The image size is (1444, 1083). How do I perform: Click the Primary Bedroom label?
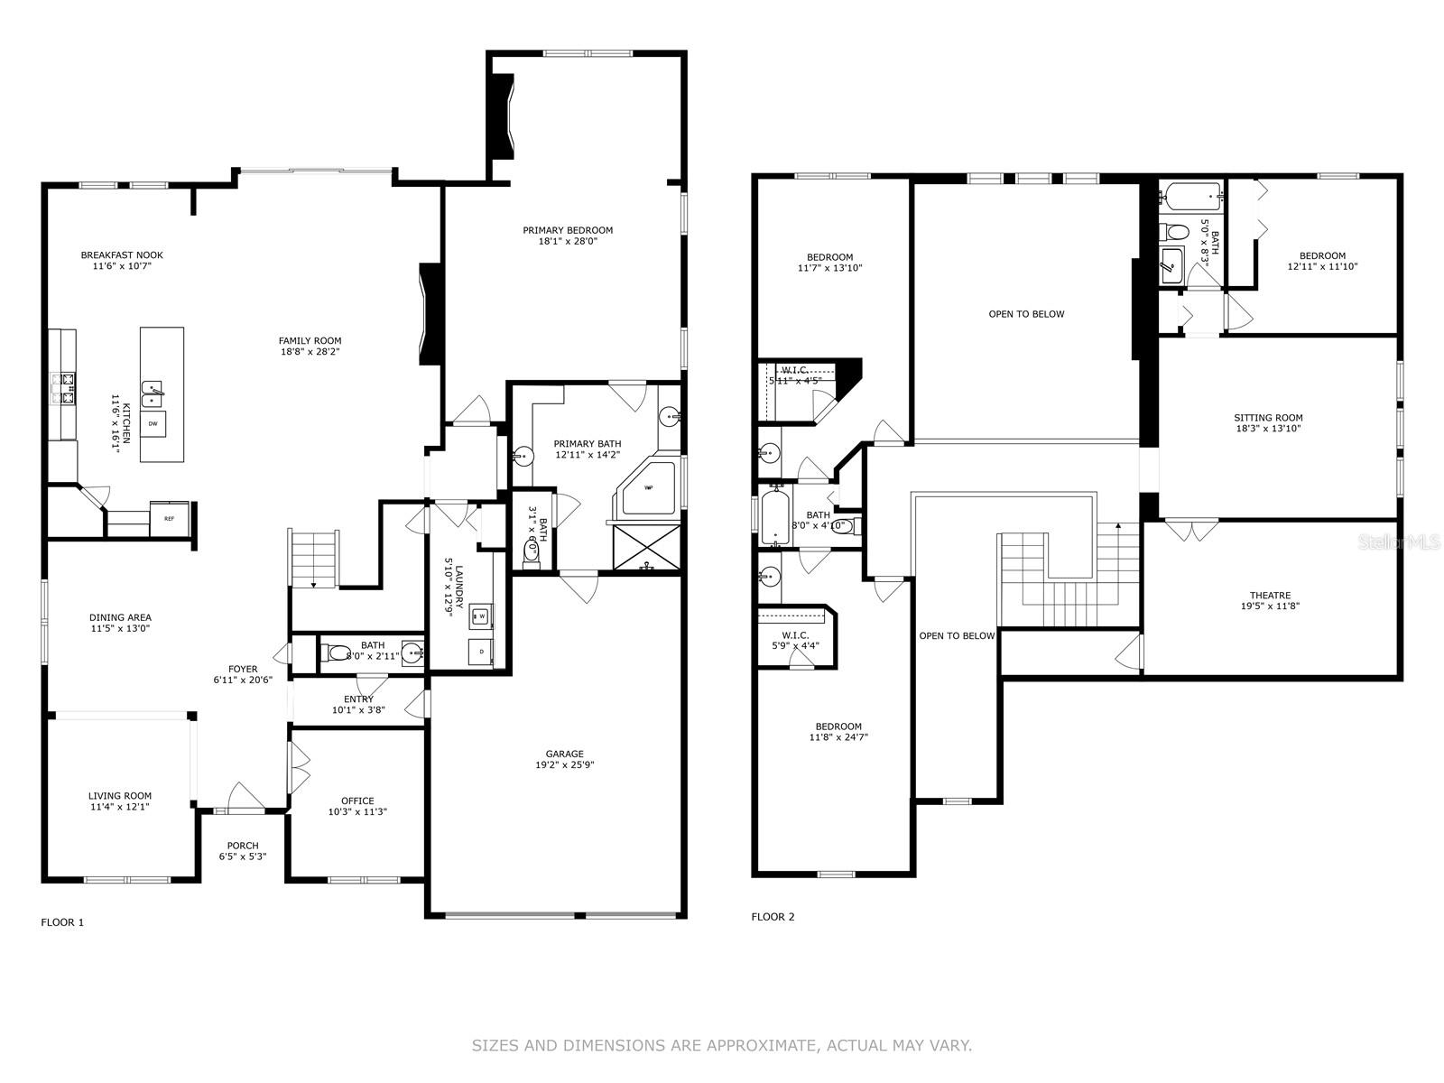pos(568,230)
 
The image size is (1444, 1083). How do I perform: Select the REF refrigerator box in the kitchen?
pos(169,518)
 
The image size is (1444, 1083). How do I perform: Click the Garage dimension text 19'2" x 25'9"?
pos(564,765)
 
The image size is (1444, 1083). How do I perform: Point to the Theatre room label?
pos(1270,596)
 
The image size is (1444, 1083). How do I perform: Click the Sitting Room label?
pos(1268,418)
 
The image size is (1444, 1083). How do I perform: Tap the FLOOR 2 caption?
pos(773,917)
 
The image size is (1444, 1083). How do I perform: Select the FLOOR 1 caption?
pos(62,922)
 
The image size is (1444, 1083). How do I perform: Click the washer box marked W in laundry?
pos(481,616)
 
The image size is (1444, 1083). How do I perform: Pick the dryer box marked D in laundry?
pos(481,651)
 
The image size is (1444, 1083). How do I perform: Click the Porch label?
pos(243,846)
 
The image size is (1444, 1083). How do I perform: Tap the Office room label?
pos(357,801)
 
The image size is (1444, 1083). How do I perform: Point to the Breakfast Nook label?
pos(122,255)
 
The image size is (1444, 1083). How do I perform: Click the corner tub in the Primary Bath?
pos(648,489)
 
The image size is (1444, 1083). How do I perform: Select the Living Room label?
pos(120,796)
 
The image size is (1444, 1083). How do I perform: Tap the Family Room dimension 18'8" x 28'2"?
pos(310,352)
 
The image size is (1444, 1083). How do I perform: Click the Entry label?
pos(358,699)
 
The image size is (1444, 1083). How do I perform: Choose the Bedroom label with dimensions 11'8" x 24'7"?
pos(838,727)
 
